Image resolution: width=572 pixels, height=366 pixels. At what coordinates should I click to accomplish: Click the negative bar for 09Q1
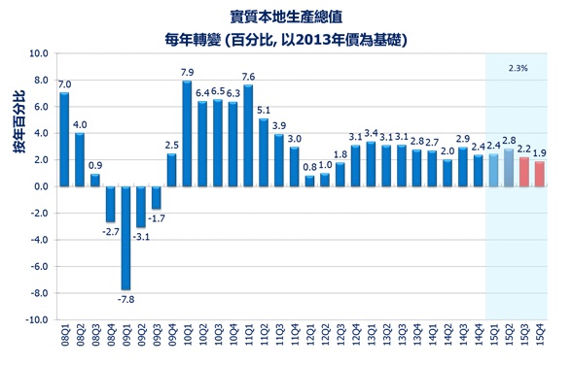[x=125, y=237]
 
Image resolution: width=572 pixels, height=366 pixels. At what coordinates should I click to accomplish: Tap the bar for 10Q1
[x=187, y=133]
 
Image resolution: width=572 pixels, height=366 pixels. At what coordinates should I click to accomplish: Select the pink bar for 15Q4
[x=540, y=174]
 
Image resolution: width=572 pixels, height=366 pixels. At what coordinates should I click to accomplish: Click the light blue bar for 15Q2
[x=509, y=167]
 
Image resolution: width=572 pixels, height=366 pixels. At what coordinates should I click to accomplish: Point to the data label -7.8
[x=126, y=299]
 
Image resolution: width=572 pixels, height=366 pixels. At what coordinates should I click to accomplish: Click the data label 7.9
[x=188, y=72]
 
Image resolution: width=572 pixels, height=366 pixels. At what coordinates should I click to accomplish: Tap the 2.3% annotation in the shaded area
[x=518, y=68]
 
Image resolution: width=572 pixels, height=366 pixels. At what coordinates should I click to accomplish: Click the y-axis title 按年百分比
[x=18, y=121]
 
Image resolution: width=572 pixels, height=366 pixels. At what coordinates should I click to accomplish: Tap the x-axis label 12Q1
[x=310, y=340]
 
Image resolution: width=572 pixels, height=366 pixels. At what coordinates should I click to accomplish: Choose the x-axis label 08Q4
[x=111, y=340]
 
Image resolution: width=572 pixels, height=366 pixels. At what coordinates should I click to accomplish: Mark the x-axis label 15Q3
[x=525, y=340]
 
